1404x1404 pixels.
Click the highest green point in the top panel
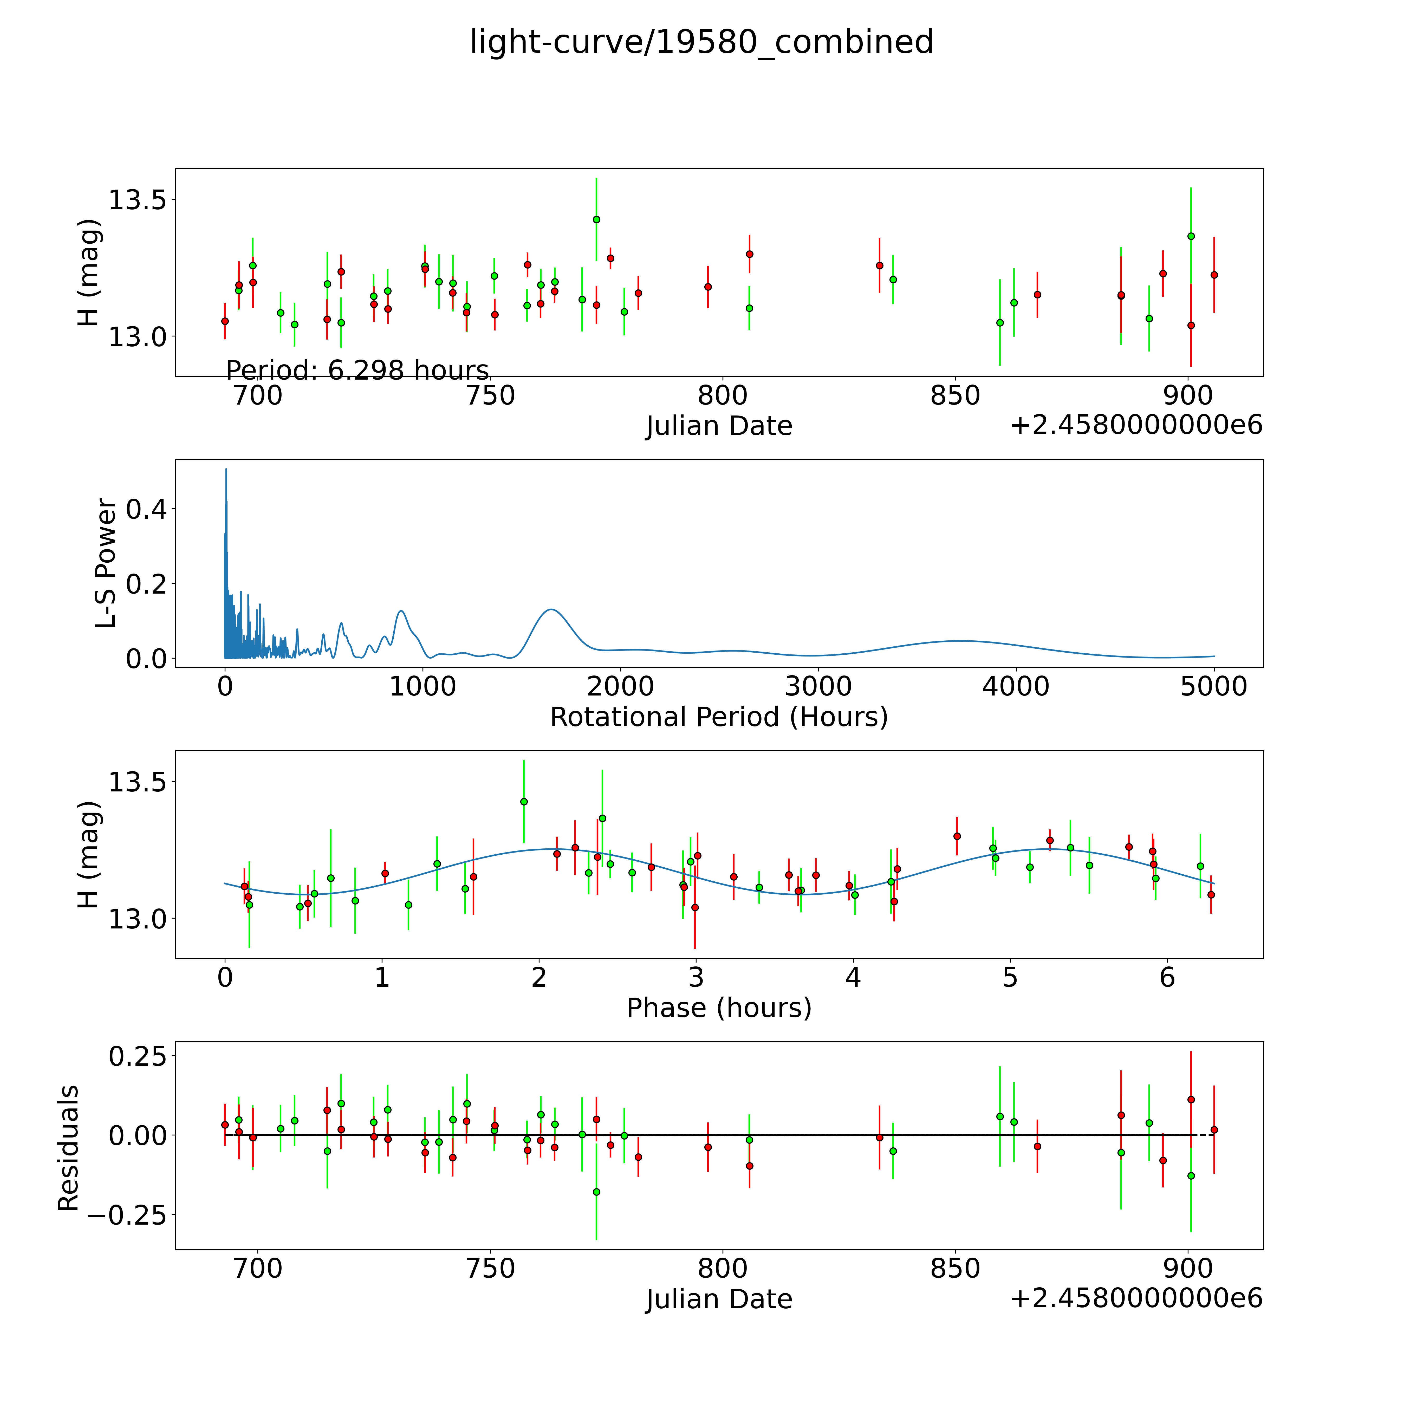pos(596,219)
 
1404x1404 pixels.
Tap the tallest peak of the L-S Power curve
pos(226,470)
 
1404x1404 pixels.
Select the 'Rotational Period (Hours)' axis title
pos(719,717)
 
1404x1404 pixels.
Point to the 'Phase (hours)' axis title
pos(719,1008)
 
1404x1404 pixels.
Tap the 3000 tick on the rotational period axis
pos(818,686)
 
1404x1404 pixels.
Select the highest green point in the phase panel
pos(523,802)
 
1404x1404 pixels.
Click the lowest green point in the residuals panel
pos(596,1192)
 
